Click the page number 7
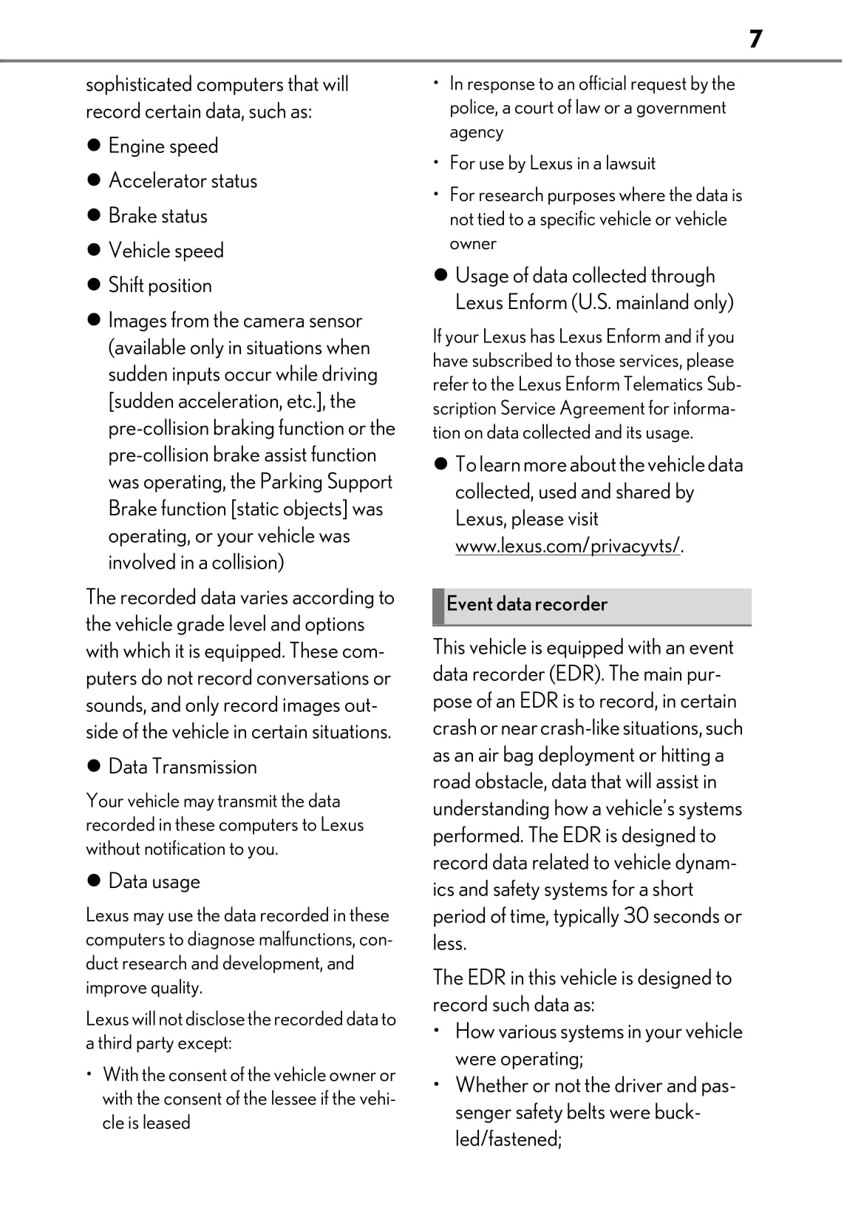click(755, 38)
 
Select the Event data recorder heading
click(526, 604)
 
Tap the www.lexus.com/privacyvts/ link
click(567, 546)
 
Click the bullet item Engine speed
click(163, 146)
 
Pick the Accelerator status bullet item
click(183, 180)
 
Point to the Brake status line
click(157, 216)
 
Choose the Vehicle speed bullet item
click(166, 251)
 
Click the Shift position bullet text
click(160, 285)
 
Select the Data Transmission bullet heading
click(183, 767)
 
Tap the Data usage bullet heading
click(154, 881)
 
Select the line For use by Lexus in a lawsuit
click(552, 163)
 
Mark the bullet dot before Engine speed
click(93, 146)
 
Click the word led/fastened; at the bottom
click(508, 1139)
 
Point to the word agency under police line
click(476, 132)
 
